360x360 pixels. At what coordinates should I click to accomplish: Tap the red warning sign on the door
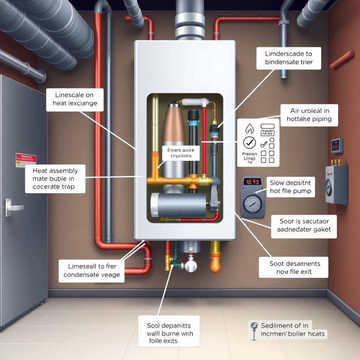26,160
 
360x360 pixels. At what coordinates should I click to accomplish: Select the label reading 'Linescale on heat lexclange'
75,99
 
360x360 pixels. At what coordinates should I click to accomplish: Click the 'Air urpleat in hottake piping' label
309,115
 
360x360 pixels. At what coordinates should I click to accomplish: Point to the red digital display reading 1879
252,182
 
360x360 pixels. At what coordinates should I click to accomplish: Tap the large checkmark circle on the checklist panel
250,143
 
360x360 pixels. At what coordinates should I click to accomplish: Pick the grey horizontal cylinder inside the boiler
179,205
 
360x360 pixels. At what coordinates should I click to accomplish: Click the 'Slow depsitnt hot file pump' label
290,187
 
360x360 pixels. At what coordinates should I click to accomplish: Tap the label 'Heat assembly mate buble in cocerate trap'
55,179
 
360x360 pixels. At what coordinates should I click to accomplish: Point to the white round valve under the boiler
191,265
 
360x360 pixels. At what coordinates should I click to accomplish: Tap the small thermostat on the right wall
336,145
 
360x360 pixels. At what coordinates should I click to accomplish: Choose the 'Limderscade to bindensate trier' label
289,58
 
